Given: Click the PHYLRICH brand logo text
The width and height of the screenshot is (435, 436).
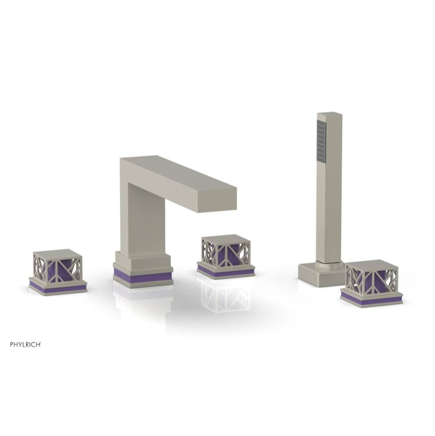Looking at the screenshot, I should click(26, 344).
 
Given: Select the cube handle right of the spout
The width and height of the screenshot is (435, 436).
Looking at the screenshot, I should click(226, 253).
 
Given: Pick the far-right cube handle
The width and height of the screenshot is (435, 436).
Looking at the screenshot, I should click(371, 279).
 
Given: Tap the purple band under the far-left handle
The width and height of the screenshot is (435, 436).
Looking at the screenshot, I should click(57, 288).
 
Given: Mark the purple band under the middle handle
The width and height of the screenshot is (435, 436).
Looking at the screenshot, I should click(226, 272).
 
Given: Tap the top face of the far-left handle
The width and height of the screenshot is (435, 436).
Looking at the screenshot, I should click(57, 253).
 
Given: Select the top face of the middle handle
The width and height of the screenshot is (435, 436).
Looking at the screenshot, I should click(226, 238).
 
